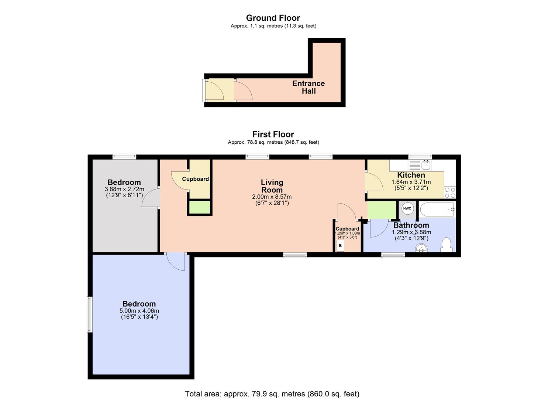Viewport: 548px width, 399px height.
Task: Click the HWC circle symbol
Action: (407, 209)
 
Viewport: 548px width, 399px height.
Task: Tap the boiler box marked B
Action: (340, 246)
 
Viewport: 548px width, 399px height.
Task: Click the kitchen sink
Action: (420, 164)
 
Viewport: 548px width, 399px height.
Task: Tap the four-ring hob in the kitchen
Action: (450, 192)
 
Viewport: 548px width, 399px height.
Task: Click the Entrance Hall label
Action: (309, 87)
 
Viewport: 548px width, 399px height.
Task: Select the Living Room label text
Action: (272, 186)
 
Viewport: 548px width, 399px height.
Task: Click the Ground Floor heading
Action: (273, 18)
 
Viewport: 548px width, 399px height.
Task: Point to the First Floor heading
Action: (273, 134)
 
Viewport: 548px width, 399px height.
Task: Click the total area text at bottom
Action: (272, 394)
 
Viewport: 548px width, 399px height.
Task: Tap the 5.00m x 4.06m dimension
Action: (139, 311)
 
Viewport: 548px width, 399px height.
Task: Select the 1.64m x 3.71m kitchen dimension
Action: (411, 182)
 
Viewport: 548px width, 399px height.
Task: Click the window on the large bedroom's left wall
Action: (89, 314)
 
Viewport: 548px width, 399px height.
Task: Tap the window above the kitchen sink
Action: (420, 156)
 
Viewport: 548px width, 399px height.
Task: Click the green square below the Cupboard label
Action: (200, 208)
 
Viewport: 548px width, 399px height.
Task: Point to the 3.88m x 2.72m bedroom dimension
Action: (124, 189)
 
